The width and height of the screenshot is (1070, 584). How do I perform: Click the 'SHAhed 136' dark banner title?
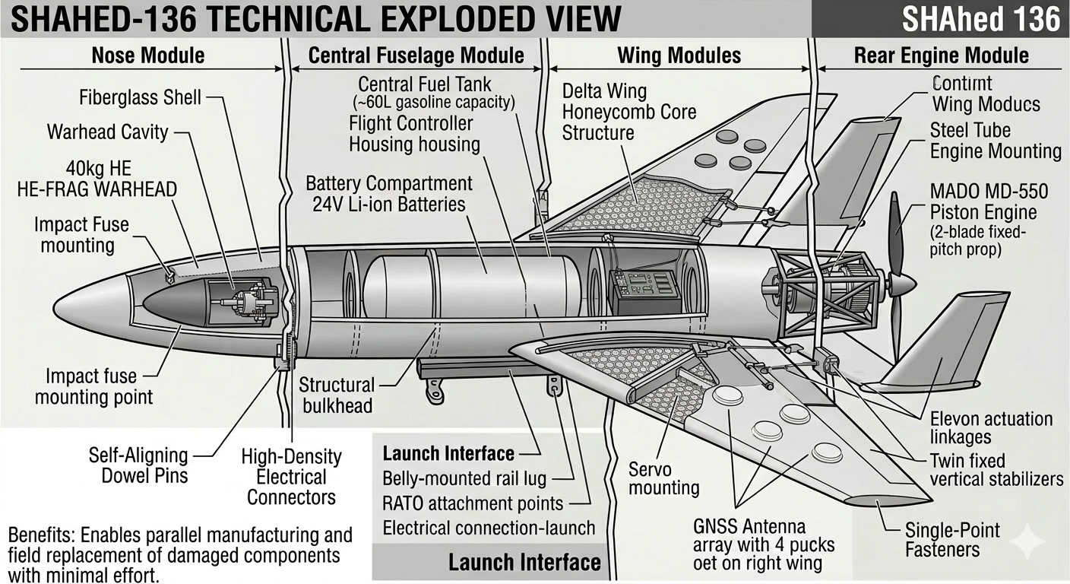(980, 19)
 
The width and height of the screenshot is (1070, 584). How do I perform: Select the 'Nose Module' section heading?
(147, 56)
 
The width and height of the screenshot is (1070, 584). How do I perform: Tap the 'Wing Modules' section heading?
(679, 56)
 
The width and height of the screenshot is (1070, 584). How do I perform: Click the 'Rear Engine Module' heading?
(941, 56)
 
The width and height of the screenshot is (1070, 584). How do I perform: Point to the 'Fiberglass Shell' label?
(140, 97)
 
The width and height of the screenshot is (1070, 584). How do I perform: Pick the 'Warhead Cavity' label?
(107, 132)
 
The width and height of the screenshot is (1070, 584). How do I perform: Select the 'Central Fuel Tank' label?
(425, 84)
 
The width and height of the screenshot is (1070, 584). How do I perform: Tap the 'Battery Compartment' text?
(388, 183)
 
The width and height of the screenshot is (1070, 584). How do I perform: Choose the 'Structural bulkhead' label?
(337, 395)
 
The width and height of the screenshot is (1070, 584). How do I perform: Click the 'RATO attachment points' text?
(473, 503)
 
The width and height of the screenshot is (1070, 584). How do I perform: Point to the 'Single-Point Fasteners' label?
(952, 540)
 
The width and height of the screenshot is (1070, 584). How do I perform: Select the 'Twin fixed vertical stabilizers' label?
(996, 470)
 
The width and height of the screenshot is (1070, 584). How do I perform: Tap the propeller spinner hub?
(902, 284)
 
